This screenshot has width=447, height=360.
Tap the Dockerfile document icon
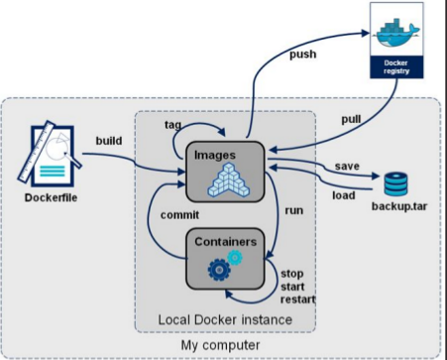[x=49, y=150]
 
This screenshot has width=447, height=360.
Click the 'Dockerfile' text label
[x=49, y=195]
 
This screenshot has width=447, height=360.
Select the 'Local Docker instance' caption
[x=225, y=319]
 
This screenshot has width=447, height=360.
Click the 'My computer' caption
[x=220, y=343]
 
